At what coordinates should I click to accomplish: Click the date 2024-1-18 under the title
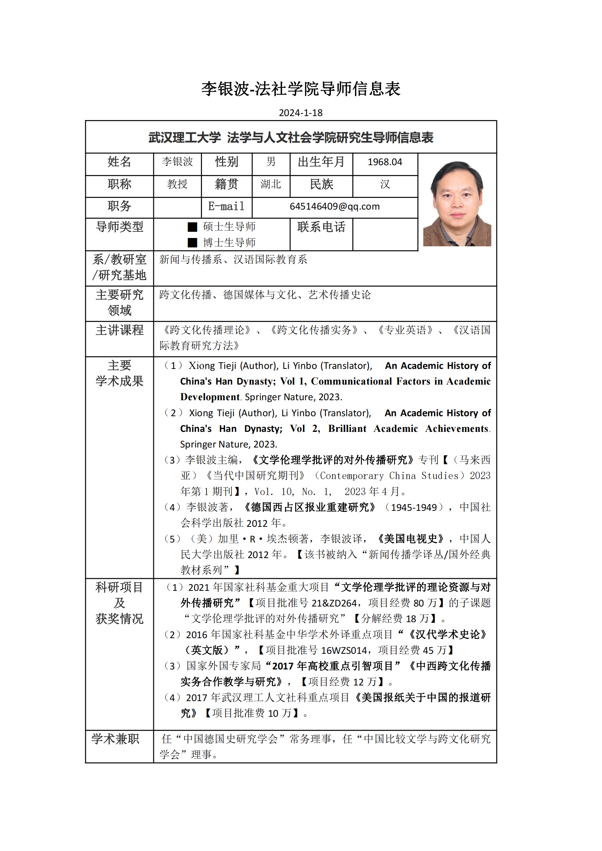coord(301,113)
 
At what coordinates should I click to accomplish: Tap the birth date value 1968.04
coord(385,162)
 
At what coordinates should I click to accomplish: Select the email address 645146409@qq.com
coord(335,206)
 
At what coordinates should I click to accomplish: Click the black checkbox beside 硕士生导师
coord(193,227)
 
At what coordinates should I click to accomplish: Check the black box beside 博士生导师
coord(193,243)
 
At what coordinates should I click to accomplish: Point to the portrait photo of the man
coord(457,203)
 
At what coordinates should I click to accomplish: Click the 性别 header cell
coord(226,162)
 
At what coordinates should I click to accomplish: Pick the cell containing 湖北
coord(270,184)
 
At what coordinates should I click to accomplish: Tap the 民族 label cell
coord(321,184)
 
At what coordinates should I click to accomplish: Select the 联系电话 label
coord(321,227)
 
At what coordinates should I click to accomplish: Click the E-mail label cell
coord(226,206)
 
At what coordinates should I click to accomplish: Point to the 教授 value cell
coord(177,184)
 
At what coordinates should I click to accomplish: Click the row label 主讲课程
coord(119,330)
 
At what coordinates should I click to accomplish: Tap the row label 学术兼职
coord(115,739)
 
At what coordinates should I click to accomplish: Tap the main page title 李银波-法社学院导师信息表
coord(301,89)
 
